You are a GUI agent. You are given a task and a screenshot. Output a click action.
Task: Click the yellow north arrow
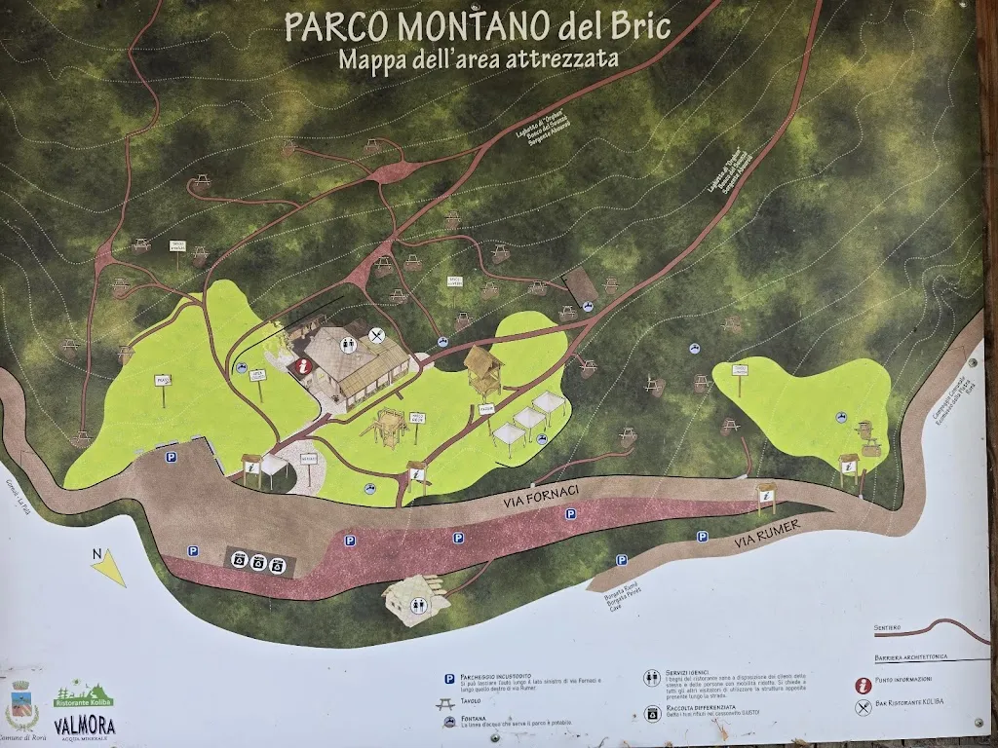[109, 568]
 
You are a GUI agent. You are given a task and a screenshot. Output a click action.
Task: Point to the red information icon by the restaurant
[304, 366]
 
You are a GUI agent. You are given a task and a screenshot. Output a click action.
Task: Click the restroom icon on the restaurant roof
[348, 343]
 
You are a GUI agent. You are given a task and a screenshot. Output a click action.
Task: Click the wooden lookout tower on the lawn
[482, 371]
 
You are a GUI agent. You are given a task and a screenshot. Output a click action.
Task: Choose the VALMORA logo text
[85, 726]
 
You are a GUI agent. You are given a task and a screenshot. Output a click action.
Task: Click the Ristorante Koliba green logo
[83, 698]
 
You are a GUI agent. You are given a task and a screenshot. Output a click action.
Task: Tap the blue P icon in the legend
[450, 678]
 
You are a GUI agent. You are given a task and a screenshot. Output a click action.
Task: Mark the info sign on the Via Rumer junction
[766, 500]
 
